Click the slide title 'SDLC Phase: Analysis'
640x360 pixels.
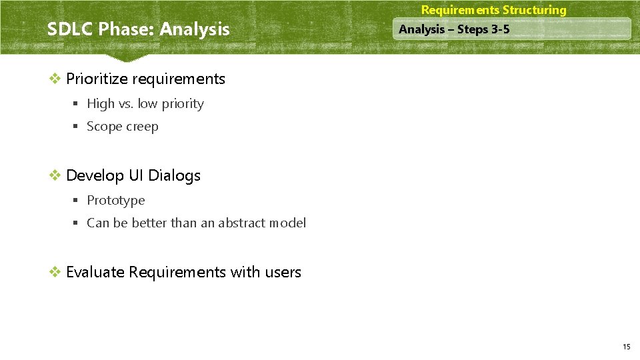point(138,29)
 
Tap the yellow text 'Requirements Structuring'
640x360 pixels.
point(493,10)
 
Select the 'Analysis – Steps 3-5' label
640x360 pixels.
point(454,29)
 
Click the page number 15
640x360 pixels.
point(626,347)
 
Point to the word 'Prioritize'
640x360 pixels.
point(97,79)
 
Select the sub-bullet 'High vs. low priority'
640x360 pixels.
point(145,103)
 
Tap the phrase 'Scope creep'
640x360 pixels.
point(123,127)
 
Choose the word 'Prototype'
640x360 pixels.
point(115,200)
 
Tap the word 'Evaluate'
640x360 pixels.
point(95,272)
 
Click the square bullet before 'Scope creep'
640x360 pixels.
point(77,127)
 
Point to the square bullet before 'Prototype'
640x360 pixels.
point(77,200)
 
